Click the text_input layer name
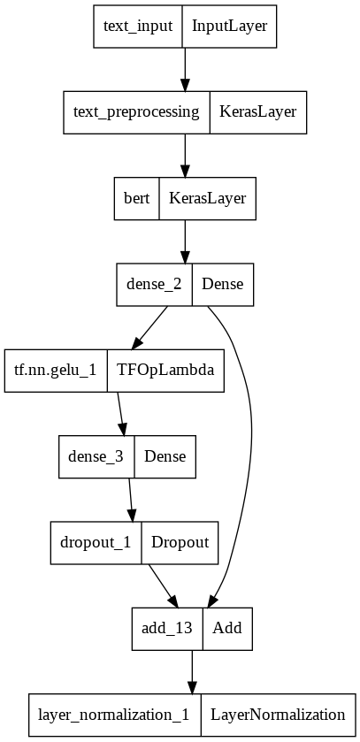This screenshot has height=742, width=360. (137, 27)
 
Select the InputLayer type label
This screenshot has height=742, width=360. (229, 27)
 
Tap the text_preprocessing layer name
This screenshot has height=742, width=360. (137, 112)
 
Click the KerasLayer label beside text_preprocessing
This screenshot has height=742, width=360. (258, 112)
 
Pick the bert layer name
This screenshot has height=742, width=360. (136, 198)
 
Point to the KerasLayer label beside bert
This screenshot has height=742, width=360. (207, 198)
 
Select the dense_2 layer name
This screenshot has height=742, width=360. (155, 284)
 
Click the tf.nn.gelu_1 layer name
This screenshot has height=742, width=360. (56, 371)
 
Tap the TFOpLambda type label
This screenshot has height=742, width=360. (165, 371)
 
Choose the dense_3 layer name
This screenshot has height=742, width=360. (96, 456)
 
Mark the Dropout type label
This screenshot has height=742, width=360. (180, 542)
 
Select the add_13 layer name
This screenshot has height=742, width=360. (167, 629)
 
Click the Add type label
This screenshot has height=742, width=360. (228, 629)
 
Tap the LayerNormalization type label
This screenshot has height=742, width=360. (277, 715)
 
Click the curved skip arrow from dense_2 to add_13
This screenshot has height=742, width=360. (251, 442)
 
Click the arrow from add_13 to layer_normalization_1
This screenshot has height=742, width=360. (192, 671)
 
